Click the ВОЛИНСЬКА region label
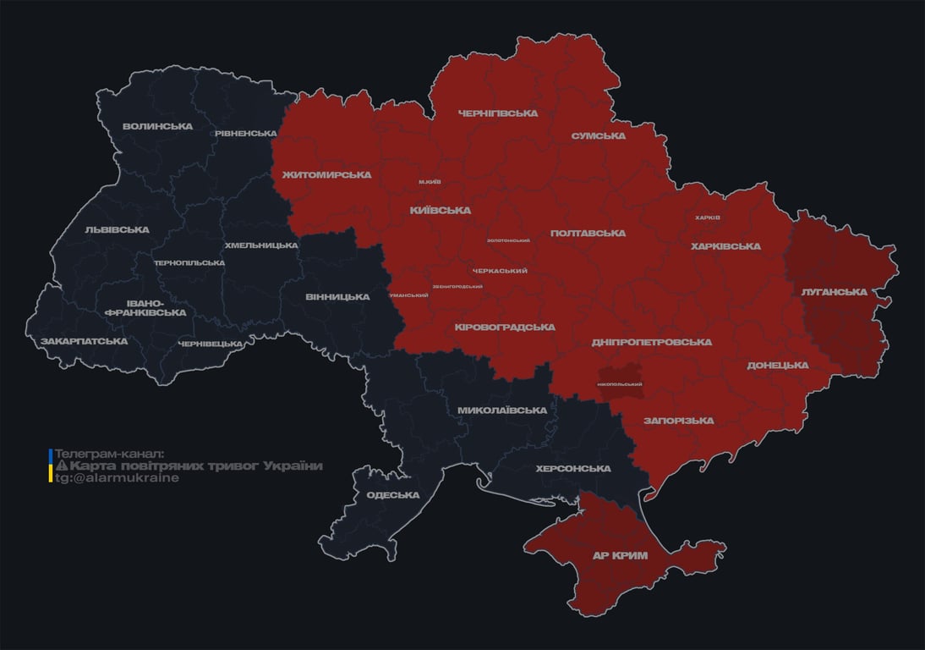[x=157, y=127]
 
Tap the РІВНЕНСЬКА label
[x=245, y=134]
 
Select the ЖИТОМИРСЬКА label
[x=326, y=175]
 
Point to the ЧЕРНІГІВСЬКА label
[x=497, y=113]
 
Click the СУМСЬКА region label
[x=598, y=136]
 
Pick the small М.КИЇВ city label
[x=430, y=182]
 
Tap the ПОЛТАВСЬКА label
[x=588, y=234]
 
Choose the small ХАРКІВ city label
[x=707, y=218]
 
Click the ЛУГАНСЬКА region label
[x=835, y=292]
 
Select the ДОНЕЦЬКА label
[x=777, y=366]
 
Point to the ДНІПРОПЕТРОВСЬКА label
[x=651, y=343]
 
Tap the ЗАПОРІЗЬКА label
[x=678, y=421]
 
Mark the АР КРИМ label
[x=621, y=555]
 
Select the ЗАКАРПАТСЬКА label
[x=84, y=342]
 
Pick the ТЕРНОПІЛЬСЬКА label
[x=189, y=263]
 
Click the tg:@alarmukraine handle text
[x=117, y=478]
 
